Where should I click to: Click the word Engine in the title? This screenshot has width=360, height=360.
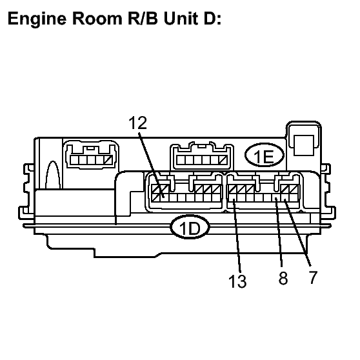pos(37,19)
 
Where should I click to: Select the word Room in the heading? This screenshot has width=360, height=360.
pos(97,18)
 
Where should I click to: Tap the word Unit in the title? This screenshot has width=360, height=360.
pos(181,18)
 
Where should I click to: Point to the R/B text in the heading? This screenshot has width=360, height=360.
pos(143,18)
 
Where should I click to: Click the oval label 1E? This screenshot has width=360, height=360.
pos(265,155)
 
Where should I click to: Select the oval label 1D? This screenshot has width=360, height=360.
pos(190,227)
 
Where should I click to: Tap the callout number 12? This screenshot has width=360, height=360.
pos(138,123)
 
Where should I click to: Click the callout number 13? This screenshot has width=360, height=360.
pos(237,281)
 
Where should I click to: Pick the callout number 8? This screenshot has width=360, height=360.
pos(283,278)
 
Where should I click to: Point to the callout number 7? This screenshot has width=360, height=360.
pos(313,277)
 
